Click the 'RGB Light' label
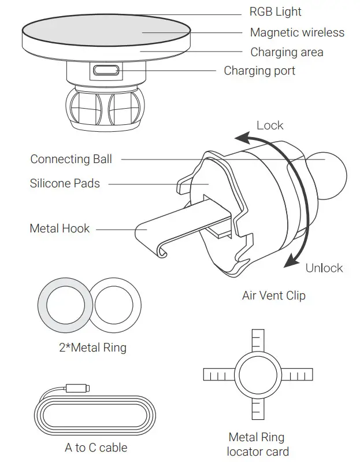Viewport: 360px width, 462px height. tap(275, 12)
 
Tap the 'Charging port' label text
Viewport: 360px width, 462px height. tap(259, 71)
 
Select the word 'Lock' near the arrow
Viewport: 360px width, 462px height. tap(270, 125)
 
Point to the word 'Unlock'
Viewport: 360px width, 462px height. tap(324, 268)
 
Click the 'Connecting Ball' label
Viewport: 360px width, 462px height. tap(71, 159)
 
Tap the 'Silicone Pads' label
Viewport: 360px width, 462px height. tap(65, 184)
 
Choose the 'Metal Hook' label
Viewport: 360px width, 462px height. tap(60, 228)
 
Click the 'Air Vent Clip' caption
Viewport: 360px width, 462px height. tap(273, 295)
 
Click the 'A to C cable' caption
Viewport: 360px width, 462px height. tap(96, 448)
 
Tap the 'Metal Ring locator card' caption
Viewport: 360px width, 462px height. tap(257, 444)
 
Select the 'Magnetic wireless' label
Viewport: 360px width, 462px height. tap(296, 33)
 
